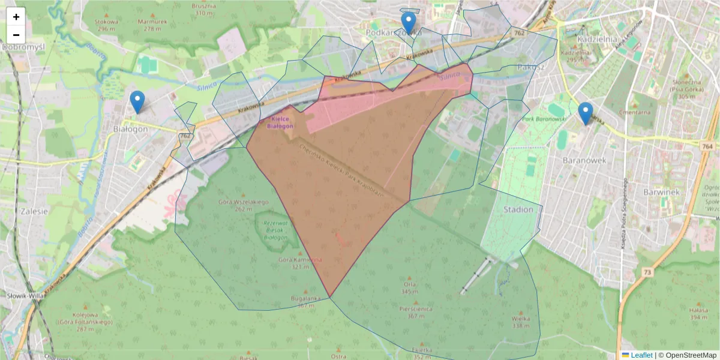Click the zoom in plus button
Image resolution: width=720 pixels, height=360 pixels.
tap(16, 17)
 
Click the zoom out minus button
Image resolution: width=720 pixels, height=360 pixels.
tap(16, 34)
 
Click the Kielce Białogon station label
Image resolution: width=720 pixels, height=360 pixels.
tap(280, 124)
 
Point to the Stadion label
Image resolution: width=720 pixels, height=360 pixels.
tap(518, 209)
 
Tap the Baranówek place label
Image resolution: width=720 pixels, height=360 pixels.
tap(584, 161)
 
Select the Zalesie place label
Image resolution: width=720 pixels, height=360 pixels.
tap(34, 211)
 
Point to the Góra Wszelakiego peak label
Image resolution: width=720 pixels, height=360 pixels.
tap(244, 202)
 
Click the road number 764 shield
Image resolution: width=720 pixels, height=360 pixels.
tap(706, 146)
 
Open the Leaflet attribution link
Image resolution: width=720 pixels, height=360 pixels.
tap(641, 355)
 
